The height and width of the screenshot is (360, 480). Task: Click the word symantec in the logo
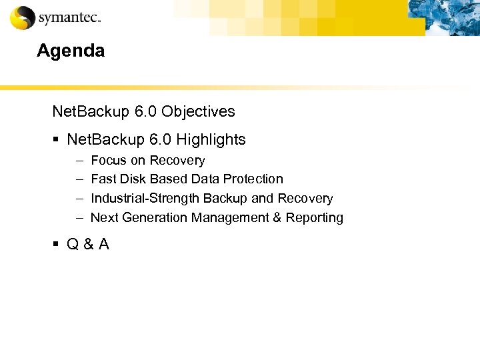coord(68,19)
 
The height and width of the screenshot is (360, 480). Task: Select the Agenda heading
coord(71,51)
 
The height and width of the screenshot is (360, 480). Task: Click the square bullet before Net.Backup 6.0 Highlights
coord(57,140)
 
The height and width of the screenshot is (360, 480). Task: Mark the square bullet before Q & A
coord(57,245)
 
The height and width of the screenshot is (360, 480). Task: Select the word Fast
coord(103,179)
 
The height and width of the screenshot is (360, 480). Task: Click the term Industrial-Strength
coord(145,199)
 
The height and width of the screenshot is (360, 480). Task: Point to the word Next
coord(104,218)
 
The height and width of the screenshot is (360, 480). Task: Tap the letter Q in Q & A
coord(73,245)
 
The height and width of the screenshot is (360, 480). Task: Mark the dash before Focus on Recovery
coord(78,161)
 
